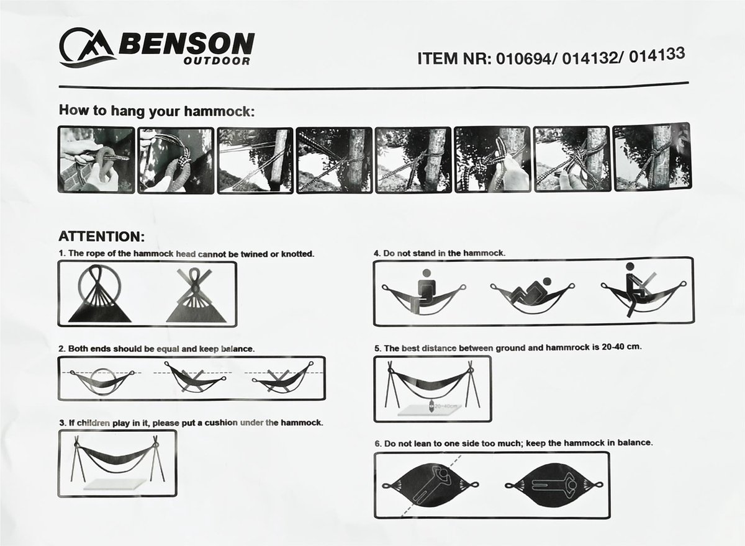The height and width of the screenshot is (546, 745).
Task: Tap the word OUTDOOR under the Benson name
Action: click(217, 61)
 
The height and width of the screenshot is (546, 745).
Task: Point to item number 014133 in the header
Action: click(657, 55)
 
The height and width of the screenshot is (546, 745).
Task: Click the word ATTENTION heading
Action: click(102, 236)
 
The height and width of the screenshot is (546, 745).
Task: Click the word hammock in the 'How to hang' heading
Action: click(219, 111)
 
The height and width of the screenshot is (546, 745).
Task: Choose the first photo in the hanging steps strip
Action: click(96, 159)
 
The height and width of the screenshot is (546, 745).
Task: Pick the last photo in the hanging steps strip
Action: click(652, 157)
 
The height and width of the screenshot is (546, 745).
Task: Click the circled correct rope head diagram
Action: click(99, 293)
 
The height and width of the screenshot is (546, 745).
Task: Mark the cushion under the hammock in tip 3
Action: click(115, 484)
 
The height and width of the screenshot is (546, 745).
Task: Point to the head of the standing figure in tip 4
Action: click(630, 266)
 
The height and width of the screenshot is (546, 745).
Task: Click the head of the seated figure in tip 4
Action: click(427, 273)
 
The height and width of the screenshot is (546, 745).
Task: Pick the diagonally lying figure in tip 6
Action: click(430, 488)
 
